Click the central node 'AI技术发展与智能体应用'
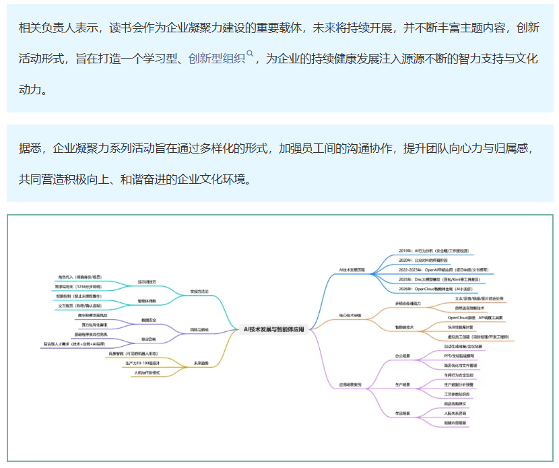tap(273, 329)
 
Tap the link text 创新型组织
tap(217, 59)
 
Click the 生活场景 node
tap(403, 412)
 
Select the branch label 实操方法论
tap(200, 291)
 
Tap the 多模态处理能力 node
tap(407, 304)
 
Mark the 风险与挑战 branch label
tap(199, 330)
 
